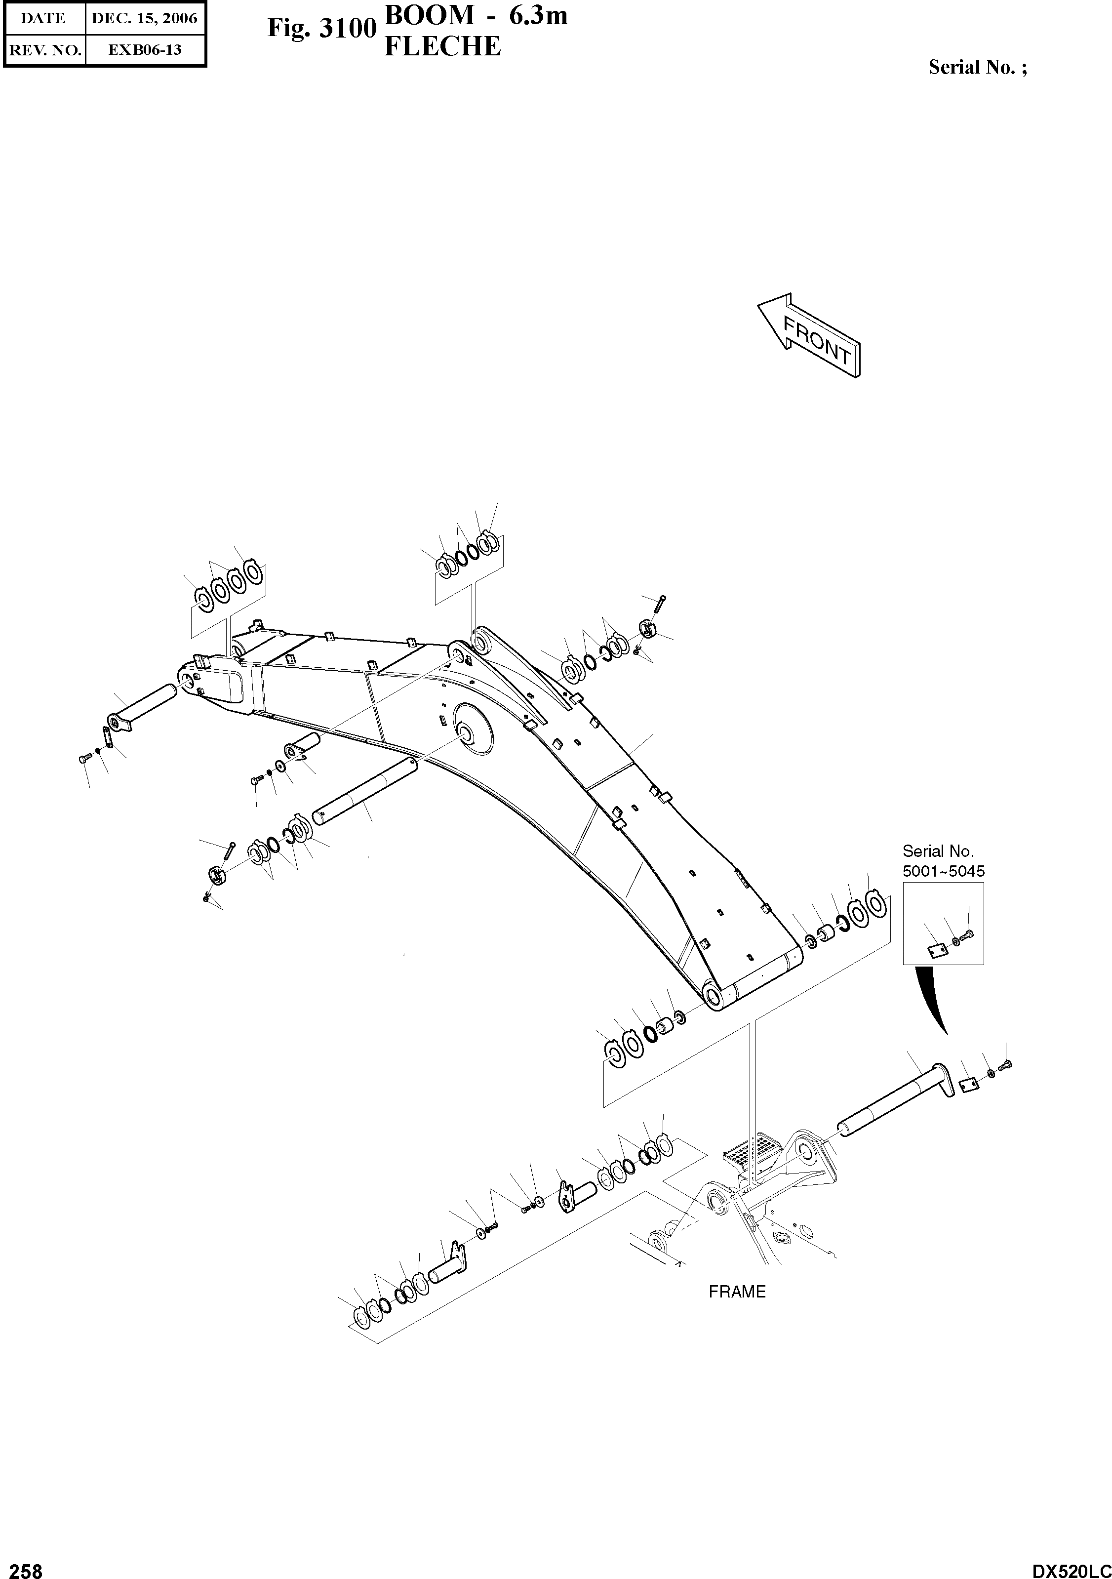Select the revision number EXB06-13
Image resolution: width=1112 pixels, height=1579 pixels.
144,49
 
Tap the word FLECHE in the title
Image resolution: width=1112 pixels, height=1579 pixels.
442,46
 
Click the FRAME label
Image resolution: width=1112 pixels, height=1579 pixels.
737,1292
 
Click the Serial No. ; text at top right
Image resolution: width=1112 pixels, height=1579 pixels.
977,67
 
